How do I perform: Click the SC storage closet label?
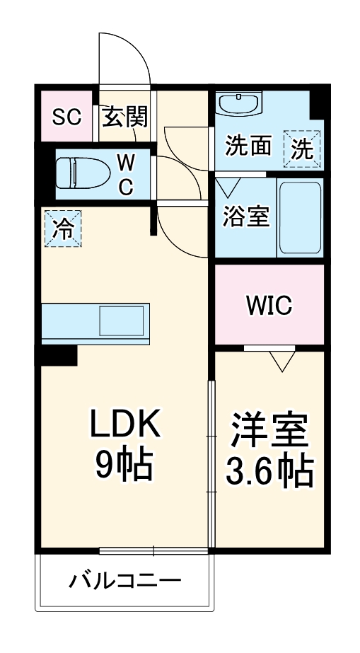pos(68,117)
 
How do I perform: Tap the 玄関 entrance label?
pos(126,117)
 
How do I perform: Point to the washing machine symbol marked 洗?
pos(302,149)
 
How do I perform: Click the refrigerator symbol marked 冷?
pos(63,229)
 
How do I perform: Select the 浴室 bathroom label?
pos(245,217)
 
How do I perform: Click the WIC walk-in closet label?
pos(269,306)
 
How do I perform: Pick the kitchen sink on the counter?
pos(121,320)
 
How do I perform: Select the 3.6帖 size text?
pos(269,470)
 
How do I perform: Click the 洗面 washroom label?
pos(248,146)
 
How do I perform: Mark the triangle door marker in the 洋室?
pos(282,362)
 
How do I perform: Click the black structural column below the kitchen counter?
pos(58,356)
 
